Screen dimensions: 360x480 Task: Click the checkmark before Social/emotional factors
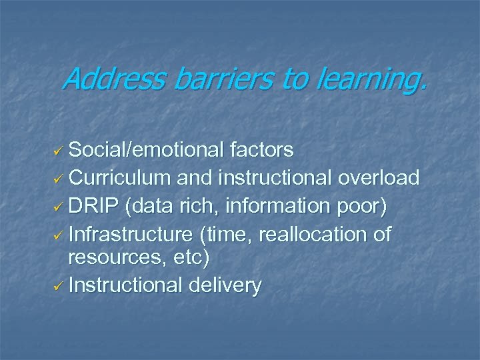[x=58, y=151]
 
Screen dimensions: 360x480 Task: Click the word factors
[x=265, y=150]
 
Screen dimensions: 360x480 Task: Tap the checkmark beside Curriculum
[x=58, y=179]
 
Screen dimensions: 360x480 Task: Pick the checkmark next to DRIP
[x=58, y=207]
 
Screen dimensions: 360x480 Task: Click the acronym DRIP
[x=97, y=206]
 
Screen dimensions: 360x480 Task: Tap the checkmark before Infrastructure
[x=58, y=235]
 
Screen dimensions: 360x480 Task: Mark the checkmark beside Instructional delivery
[x=58, y=287]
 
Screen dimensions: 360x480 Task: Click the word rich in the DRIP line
[x=201, y=206]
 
